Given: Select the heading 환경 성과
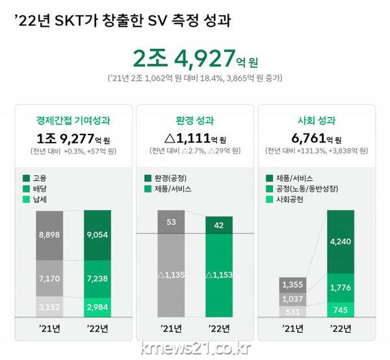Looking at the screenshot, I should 196,120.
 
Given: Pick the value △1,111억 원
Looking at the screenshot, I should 196,138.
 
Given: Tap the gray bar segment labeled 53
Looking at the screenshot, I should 171,222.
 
